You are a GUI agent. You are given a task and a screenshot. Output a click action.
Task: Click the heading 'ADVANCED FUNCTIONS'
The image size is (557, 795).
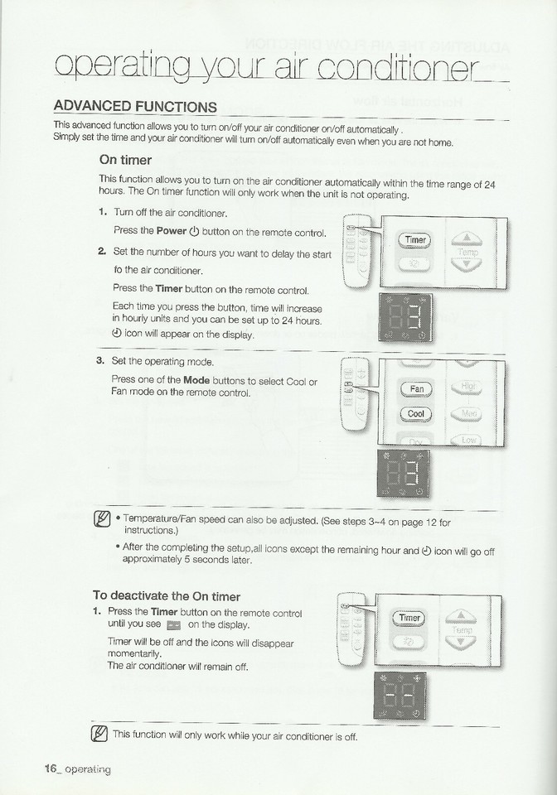[x=134, y=107]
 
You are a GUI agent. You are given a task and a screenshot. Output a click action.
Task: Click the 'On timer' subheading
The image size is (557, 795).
[x=124, y=160]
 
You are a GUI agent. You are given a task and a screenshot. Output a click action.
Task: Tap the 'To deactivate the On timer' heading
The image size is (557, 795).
[x=167, y=595]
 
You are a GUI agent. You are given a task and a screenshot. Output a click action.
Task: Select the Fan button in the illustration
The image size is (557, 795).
[x=417, y=388]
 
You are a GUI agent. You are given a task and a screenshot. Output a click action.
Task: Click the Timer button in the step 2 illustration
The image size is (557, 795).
[x=415, y=240]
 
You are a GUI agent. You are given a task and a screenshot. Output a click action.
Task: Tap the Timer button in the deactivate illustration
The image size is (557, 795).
[x=410, y=618]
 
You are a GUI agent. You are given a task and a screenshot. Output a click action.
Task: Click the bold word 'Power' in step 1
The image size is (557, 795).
[x=172, y=230]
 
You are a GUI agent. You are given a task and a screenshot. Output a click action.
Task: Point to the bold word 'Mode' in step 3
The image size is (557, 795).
[x=196, y=379]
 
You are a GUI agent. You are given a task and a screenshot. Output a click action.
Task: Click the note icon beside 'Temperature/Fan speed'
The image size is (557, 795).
[x=104, y=520]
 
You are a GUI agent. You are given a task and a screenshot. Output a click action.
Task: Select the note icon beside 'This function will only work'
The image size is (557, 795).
[x=100, y=734]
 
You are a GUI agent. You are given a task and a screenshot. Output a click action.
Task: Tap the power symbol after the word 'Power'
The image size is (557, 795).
[x=194, y=230]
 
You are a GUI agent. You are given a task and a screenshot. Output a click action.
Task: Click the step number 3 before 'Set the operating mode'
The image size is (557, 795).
[x=100, y=361]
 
